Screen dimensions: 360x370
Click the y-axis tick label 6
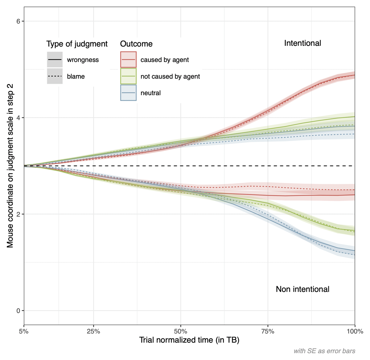(18, 21)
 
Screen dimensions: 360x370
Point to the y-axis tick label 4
(18, 118)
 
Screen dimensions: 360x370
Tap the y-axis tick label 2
(18, 214)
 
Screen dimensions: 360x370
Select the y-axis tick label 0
(18, 311)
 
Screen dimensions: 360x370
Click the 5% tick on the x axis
(24, 331)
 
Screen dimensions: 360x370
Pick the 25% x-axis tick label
(93, 331)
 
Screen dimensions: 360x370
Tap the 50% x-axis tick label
(181, 331)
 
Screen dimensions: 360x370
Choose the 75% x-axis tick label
(268, 331)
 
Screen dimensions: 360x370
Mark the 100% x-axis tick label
(355, 331)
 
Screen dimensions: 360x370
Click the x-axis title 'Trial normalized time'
(189, 340)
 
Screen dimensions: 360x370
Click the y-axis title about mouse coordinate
(10, 166)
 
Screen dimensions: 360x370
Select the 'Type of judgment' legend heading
(77, 44)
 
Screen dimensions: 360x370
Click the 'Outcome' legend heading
(136, 44)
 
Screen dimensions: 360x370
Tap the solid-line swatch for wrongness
(55, 60)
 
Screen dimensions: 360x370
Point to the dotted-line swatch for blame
(55, 76)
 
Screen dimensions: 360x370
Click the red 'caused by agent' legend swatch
(128, 60)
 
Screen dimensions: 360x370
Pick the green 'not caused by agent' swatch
(128, 76)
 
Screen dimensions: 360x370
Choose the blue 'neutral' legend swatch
(128, 93)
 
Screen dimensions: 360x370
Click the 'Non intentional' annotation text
(302, 289)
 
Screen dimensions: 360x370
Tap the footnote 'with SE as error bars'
(324, 351)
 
